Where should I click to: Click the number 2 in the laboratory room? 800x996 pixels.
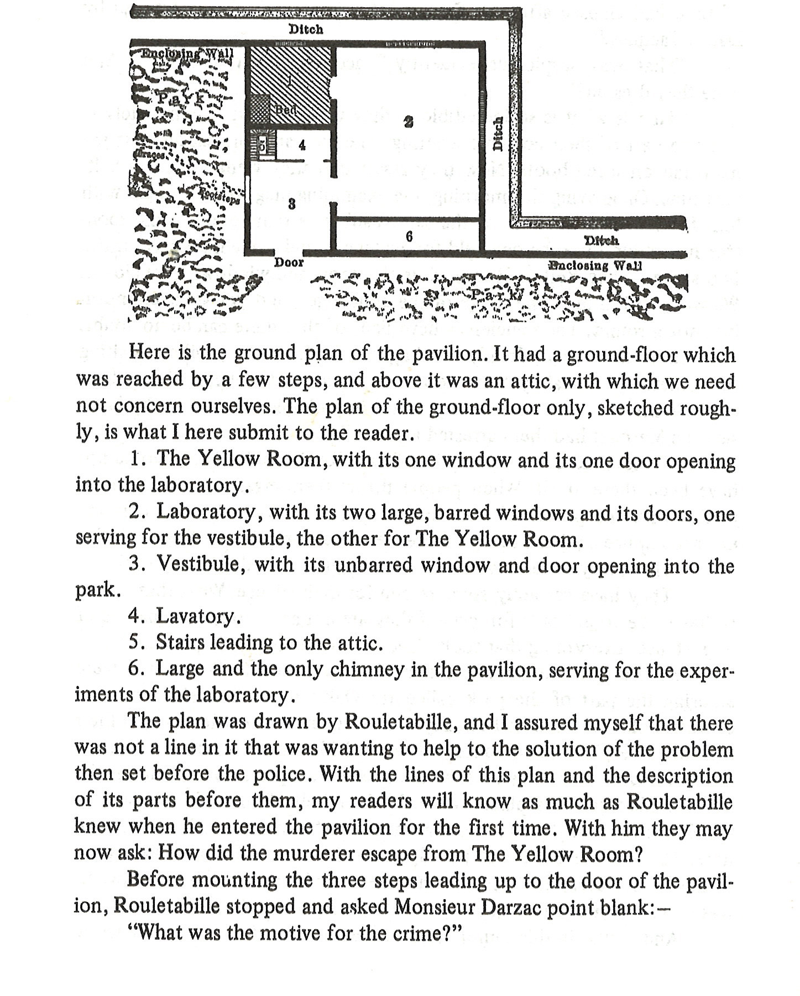(x=408, y=123)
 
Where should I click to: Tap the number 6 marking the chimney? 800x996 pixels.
(x=409, y=237)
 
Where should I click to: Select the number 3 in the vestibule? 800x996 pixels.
(x=292, y=205)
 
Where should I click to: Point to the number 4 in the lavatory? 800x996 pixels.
(x=301, y=145)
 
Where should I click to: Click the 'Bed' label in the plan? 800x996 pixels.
(x=286, y=109)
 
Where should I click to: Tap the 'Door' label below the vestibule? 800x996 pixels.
(x=289, y=263)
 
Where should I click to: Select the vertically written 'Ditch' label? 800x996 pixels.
(x=498, y=133)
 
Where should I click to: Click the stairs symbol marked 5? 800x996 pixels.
(x=262, y=146)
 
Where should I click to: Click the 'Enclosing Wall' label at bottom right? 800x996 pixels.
(x=594, y=265)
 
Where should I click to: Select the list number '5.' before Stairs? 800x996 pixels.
(x=137, y=643)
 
